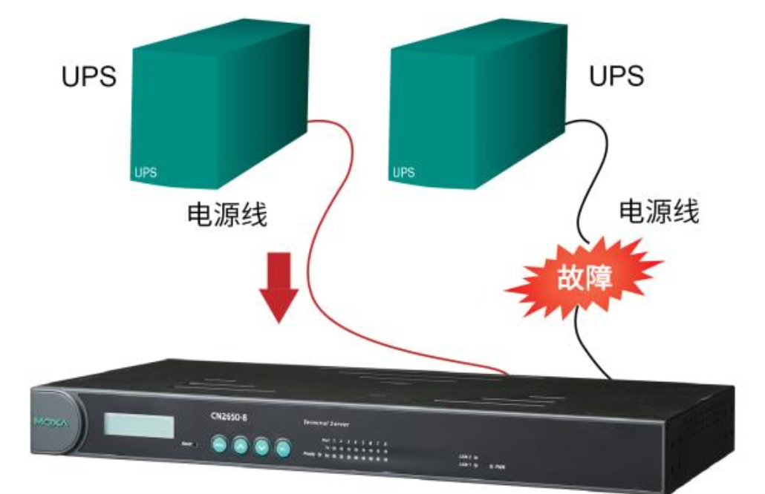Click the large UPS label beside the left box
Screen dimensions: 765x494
click(89, 77)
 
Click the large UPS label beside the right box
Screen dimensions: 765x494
click(616, 77)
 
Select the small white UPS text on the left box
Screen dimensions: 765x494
click(146, 173)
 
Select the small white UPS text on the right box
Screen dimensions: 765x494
click(403, 172)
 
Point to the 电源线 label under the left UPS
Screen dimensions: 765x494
click(227, 215)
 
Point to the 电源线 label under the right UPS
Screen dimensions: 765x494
click(659, 212)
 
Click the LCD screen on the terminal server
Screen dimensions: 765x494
click(139, 426)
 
